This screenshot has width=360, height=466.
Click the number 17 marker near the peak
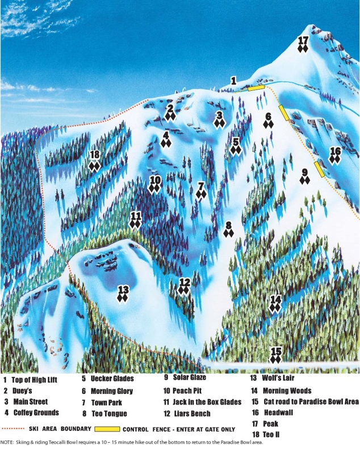303,40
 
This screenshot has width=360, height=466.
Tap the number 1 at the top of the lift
233,81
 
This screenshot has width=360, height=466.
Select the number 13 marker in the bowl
123,289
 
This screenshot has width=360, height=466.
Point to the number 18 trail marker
95,154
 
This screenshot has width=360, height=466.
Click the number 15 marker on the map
276,351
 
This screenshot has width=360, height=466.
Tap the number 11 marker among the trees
135,216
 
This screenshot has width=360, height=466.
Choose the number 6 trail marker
269,117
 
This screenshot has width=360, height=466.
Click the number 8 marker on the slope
228,225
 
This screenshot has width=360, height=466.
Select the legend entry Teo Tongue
108,414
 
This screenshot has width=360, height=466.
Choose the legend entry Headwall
278,413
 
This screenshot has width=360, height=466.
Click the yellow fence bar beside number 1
256,89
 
